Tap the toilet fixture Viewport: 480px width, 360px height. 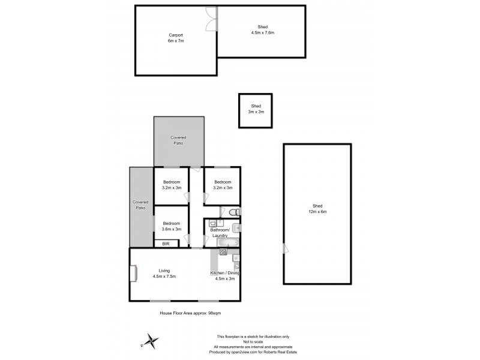235,212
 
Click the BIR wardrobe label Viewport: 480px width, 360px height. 166,244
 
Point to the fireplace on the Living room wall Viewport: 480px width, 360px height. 133,274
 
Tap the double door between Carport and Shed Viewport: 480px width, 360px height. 210,19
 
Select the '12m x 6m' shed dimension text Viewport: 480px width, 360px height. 317,211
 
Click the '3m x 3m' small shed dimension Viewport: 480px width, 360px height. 257,112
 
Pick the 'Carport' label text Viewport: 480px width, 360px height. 175,35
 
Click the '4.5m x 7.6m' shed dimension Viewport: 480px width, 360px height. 262,32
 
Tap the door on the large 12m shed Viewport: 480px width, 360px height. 286,248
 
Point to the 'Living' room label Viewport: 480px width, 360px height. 164,270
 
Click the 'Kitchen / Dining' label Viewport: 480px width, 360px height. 225,273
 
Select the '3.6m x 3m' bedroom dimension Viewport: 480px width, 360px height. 172,229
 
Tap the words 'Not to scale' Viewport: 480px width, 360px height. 253,341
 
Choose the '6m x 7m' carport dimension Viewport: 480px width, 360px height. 175,41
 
